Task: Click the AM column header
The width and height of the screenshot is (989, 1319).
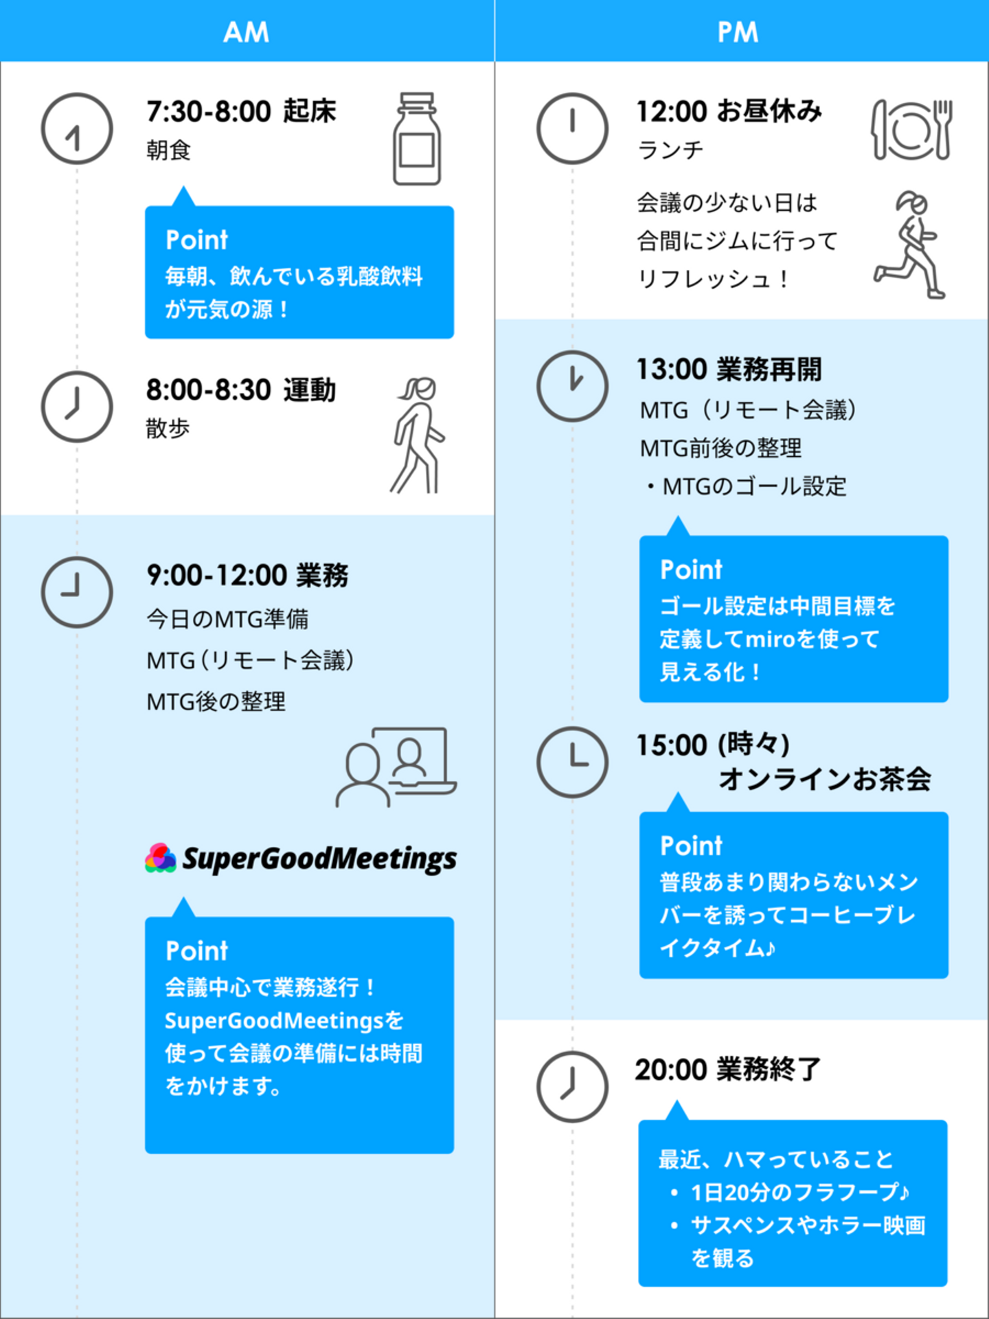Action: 247,32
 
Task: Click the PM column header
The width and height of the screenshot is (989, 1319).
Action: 738,32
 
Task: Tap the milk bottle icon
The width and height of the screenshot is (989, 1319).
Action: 417,139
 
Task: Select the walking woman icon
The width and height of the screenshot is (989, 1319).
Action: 418,435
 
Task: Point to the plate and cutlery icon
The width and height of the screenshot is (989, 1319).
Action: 911,129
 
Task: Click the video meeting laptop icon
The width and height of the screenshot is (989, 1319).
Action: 396,767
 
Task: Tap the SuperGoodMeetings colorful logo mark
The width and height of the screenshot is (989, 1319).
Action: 161,858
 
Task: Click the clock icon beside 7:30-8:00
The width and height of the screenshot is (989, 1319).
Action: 77,128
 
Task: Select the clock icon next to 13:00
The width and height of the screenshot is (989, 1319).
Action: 572,385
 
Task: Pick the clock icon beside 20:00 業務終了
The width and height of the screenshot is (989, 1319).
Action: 572,1086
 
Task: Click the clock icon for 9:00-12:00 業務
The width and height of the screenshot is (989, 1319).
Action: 77,591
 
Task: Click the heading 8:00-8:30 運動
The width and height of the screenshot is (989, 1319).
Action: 241,390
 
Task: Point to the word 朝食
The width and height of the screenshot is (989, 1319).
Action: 168,150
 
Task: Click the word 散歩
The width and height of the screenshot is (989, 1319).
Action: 168,428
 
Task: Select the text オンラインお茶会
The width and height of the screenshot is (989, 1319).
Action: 824,779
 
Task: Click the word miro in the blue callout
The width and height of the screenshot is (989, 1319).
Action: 770,639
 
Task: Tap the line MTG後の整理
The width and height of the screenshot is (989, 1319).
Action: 216,701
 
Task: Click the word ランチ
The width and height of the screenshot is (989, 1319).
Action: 670,150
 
